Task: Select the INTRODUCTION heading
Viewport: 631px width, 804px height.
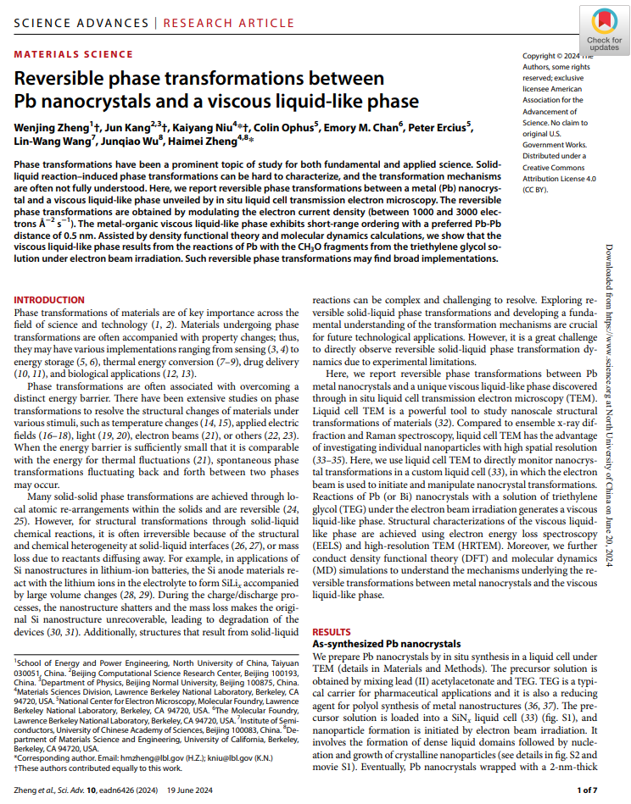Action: tap(49, 300)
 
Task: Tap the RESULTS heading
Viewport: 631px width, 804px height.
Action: tap(332, 632)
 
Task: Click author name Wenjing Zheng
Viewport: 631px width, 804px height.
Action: tap(50, 127)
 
